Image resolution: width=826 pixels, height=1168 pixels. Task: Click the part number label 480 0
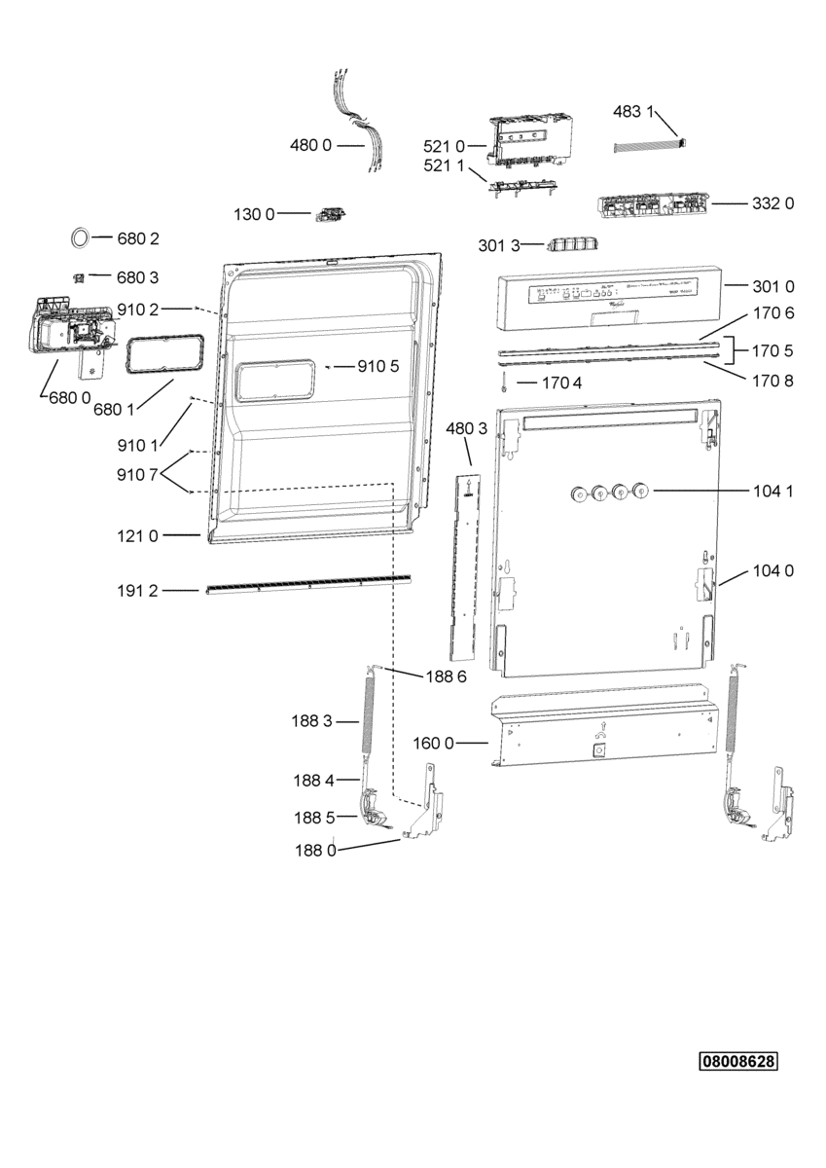pos(311,145)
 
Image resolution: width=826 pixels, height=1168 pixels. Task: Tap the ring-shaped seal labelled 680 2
pos(82,237)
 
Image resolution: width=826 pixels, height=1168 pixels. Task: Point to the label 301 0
pos(773,286)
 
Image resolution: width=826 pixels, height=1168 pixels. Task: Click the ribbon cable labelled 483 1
pos(651,146)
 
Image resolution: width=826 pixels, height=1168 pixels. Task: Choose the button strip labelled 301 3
pos(570,243)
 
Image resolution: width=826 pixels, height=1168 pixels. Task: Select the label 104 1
pos(773,492)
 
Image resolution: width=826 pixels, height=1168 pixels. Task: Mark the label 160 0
pos(434,744)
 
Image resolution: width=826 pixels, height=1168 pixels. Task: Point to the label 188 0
pos(315,850)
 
